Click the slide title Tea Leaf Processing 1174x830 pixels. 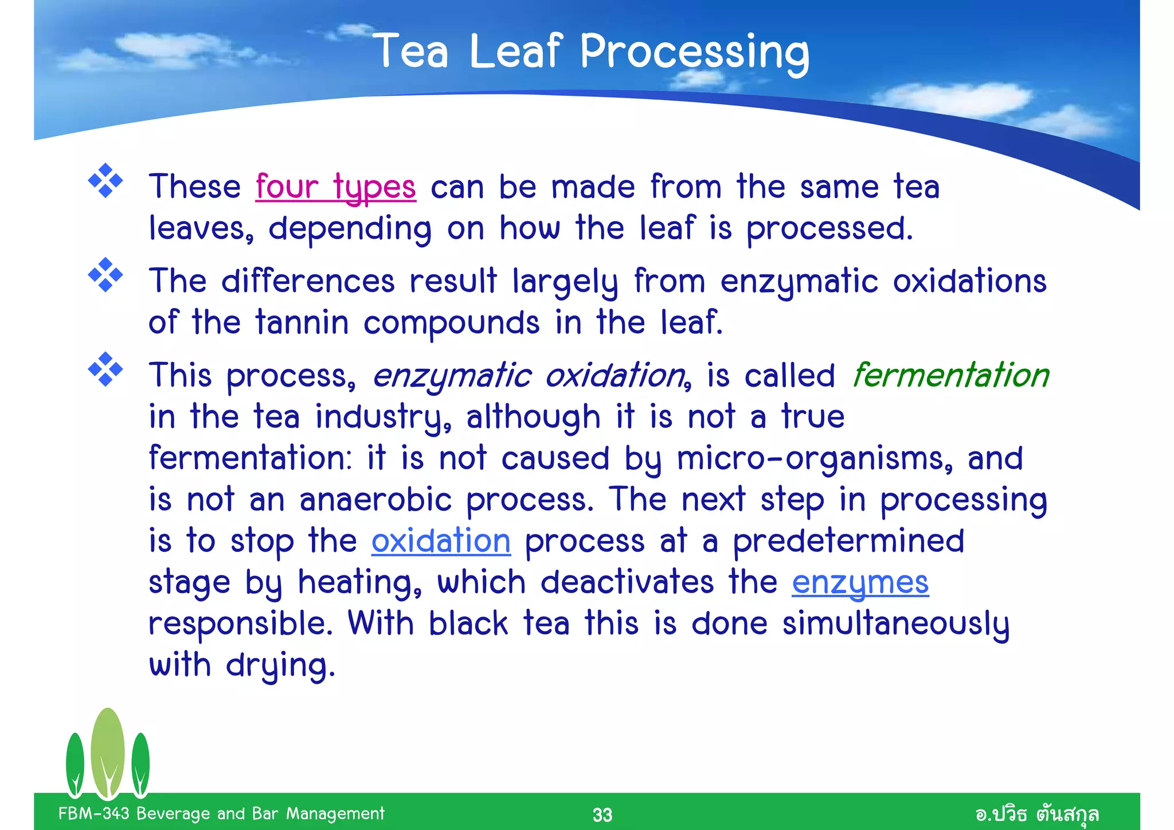[592, 52]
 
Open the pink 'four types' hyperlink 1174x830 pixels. [335, 187]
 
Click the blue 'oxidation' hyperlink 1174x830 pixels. [440, 541]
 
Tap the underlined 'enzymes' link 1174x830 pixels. [860, 582]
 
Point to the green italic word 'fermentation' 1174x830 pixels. [950, 375]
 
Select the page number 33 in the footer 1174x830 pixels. [602, 815]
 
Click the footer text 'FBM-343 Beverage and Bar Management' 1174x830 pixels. [221, 813]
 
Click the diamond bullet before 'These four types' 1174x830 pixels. [105, 181]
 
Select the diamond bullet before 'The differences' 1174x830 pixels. [105, 275]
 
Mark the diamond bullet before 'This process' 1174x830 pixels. [105, 369]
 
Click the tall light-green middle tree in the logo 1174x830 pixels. [108, 751]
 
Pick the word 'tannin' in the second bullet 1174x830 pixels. [302, 322]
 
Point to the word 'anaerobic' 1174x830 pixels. [375, 500]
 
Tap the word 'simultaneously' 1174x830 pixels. [895, 624]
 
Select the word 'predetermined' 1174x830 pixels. [848, 541]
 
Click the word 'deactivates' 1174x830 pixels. [627, 582]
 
